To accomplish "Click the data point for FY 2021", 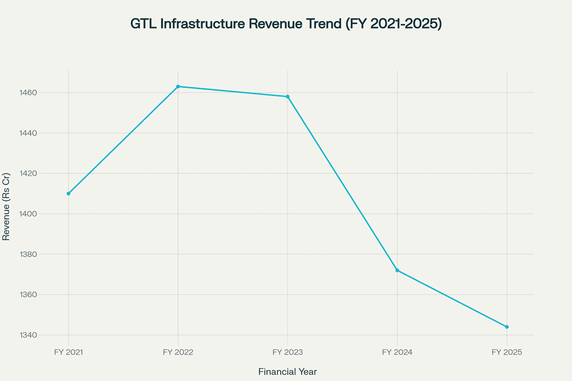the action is click(x=69, y=193).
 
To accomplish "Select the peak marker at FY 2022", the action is click(x=178, y=87).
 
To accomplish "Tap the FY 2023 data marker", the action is click(x=287, y=96).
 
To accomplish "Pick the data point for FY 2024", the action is click(x=397, y=270).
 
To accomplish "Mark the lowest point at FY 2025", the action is click(x=507, y=327).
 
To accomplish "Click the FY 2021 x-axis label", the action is click(x=68, y=352).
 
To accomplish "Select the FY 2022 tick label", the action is click(x=178, y=352).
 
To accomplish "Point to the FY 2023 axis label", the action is click(x=287, y=352).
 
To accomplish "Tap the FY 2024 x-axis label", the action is click(x=397, y=352).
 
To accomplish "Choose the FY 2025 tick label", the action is click(x=507, y=352).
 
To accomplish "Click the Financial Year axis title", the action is click(x=287, y=372).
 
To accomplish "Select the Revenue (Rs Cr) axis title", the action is click(x=6, y=206).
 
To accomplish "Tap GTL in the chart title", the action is click(x=143, y=24).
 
